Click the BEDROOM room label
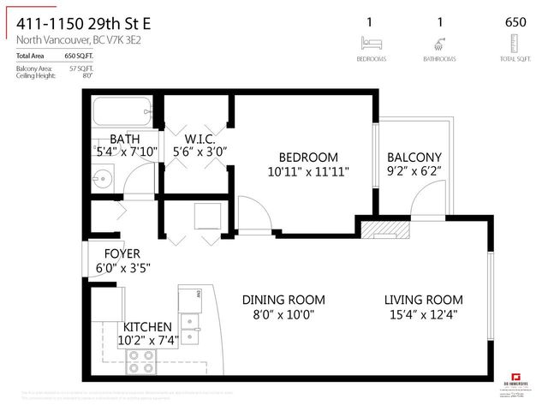(308, 158)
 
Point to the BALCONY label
(414, 158)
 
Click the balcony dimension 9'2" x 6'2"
(414, 172)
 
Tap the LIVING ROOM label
(423, 300)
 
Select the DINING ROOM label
(283, 300)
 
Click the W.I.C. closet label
(199, 139)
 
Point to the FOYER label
(122, 253)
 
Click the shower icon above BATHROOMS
(439, 44)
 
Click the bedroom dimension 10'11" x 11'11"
(308, 172)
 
